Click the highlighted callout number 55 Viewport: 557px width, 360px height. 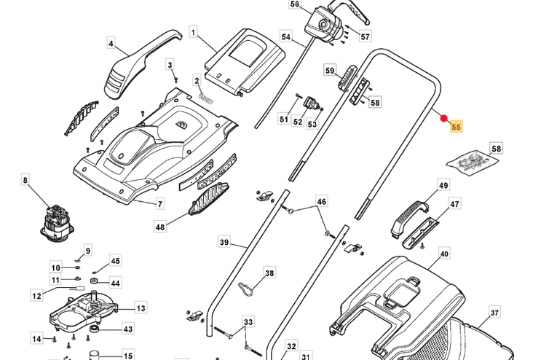[x=457, y=127]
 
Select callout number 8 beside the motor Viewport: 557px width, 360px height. [x=25, y=180]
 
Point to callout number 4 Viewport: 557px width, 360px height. [x=111, y=44]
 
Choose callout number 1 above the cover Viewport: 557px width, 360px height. [x=194, y=33]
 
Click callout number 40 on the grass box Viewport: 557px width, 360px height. [x=444, y=254]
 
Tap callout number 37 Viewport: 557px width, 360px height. [x=494, y=313]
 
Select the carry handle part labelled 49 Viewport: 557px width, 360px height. [x=408, y=217]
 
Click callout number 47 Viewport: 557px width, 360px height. [x=454, y=205]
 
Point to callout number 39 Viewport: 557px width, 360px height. [x=224, y=241]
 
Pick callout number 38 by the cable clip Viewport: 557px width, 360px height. [x=269, y=273]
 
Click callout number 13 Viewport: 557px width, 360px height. [x=141, y=308]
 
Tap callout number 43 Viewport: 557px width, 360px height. [x=128, y=329]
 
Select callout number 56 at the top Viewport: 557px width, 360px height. [x=294, y=4]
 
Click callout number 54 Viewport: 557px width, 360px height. [x=285, y=36]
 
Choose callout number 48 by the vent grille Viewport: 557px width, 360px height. [x=160, y=227]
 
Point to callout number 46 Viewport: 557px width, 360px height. [x=321, y=201]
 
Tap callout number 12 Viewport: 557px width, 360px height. [x=37, y=295]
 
